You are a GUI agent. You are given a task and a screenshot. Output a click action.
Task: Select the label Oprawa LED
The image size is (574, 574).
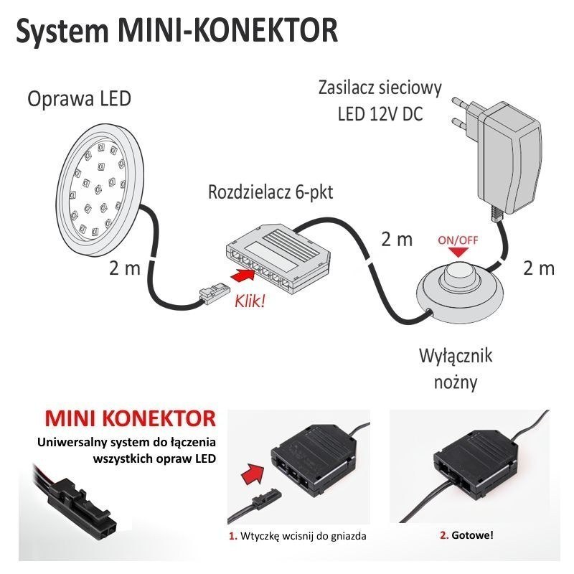click(79, 98)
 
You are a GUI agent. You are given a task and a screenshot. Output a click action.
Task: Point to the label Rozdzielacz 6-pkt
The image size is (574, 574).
click(270, 192)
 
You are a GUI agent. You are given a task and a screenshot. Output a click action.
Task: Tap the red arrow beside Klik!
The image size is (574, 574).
click(243, 275)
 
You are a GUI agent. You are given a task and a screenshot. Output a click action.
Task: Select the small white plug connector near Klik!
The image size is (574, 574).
click(208, 293)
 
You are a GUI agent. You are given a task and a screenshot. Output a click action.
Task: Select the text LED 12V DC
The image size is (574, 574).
click(380, 114)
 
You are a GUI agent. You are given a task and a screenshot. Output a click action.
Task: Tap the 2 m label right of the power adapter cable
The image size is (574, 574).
click(539, 268)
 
